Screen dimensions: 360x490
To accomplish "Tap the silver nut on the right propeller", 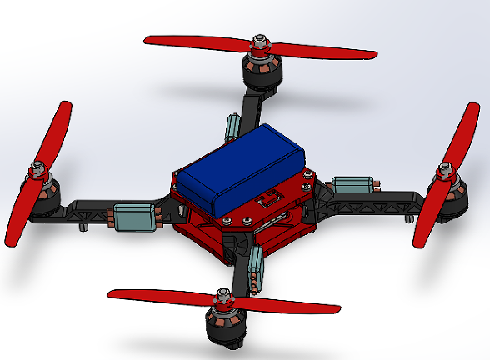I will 443,171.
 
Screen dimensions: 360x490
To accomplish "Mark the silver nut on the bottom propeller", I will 222,293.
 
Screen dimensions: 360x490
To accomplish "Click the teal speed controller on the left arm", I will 135,216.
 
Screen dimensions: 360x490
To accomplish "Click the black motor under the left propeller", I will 43,197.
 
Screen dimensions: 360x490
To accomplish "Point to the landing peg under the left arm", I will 82,226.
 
